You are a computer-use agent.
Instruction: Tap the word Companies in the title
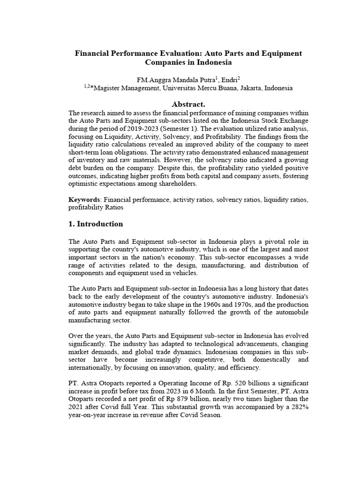pyautogui.click(x=165, y=62)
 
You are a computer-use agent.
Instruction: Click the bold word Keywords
pyautogui.click(x=84, y=200)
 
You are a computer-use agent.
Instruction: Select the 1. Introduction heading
pyautogui.click(x=96, y=224)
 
